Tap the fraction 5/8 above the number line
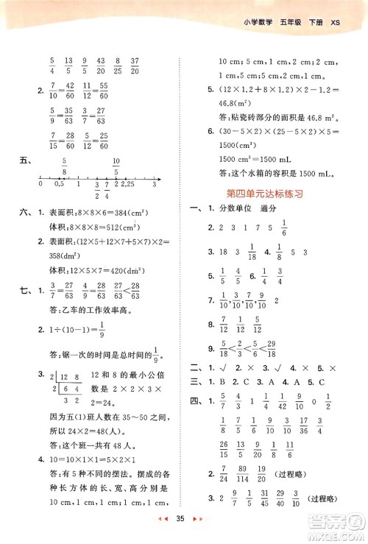pyautogui.click(x=65, y=166)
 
